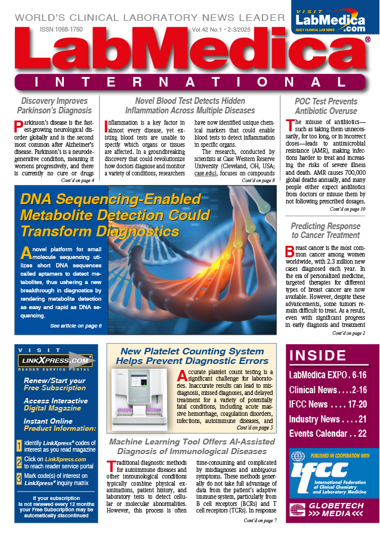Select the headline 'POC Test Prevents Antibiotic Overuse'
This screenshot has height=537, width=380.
pos(326,106)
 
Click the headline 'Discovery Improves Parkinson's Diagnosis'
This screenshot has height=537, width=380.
pos(54,106)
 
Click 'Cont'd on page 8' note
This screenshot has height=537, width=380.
pos(258,163)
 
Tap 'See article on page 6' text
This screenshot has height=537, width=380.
pos(76,326)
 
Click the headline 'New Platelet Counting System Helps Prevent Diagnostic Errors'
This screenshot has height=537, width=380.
pos(191,356)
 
